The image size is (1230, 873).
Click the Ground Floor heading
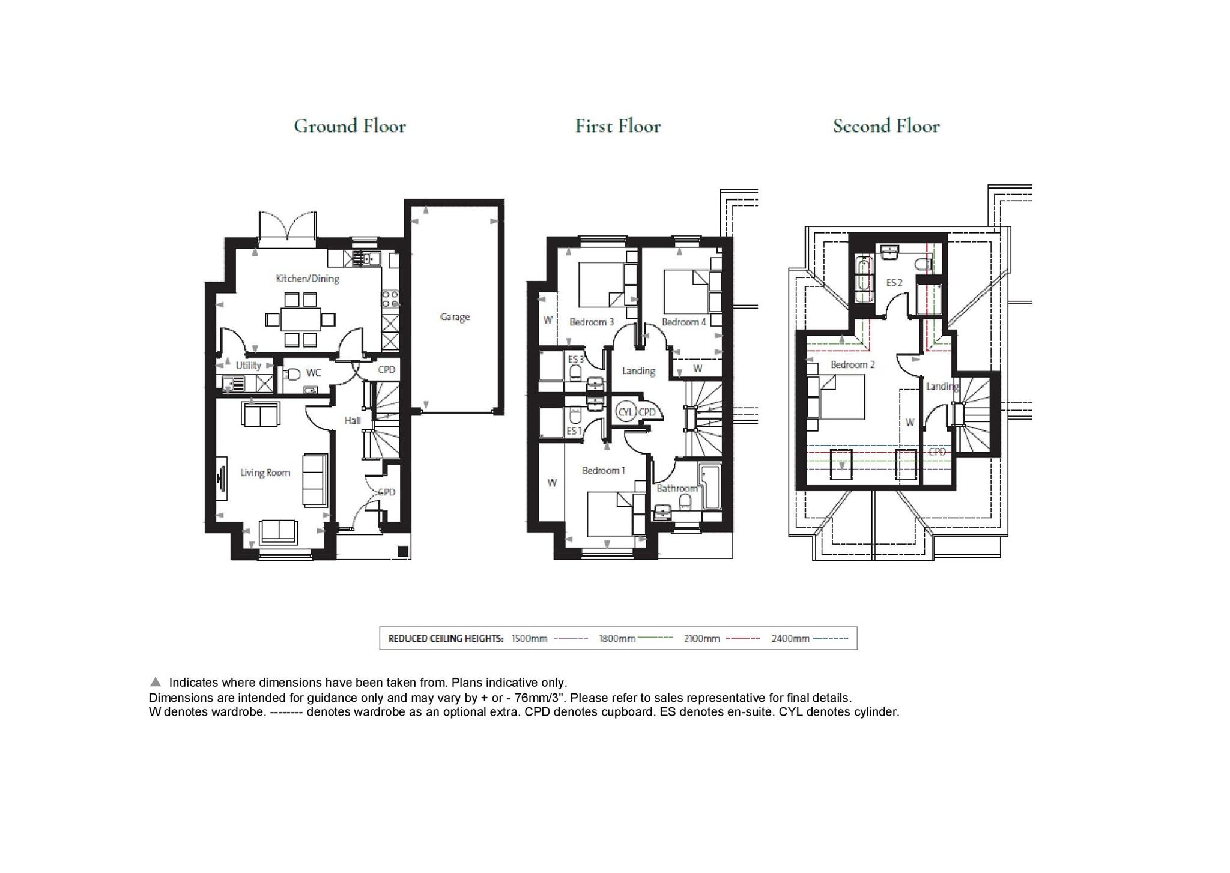click(350, 126)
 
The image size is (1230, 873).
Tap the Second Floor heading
click(886, 126)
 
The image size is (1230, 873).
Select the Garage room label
click(455, 317)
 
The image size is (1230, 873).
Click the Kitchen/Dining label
click(307, 279)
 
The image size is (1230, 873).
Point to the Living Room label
click(265, 473)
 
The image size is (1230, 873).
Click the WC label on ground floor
click(314, 373)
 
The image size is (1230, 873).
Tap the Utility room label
click(248, 366)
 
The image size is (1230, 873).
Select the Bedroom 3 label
click(592, 322)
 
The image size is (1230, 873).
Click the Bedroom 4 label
click(683, 322)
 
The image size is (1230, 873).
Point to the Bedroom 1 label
click(604, 471)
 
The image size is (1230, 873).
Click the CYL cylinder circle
click(626, 412)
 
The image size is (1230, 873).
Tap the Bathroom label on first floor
click(677, 488)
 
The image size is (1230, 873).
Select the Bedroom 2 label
click(853, 365)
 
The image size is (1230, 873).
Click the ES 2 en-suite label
click(894, 283)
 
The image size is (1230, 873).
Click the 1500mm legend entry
click(529, 639)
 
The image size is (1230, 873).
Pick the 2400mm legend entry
click(790, 639)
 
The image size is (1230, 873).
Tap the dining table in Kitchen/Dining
click(300, 319)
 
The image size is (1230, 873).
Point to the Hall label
click(353, 421)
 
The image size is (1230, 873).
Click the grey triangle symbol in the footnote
click(156, 682)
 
